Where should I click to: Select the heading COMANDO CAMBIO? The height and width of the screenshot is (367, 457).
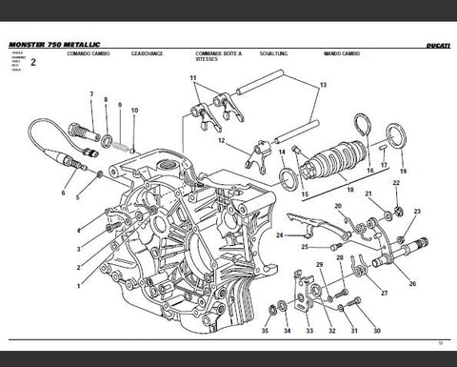pyautogui.click(x=88, y=54)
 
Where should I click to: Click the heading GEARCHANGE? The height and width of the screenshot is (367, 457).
pyautogui.click(x=148, y=54)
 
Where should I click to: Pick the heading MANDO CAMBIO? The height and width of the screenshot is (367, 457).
pyautogui.click(x=340, y=54)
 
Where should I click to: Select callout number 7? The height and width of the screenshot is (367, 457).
pyautogui.click(x=91, y=93)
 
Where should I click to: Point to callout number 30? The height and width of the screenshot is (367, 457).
pyautogui.click(x=378, y=332)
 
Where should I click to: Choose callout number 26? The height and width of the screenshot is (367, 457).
pyautogui.click(x=412, y=284)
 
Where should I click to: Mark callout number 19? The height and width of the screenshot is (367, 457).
pyautogui.click(x=403, y=172)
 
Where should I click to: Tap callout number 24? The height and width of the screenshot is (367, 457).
pyautogui.click(x=278, y=234)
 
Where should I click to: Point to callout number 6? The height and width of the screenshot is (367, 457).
pyautogui.click(x=63, y=193)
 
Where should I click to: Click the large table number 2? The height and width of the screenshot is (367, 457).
pyautogui.click(x=33, y=63)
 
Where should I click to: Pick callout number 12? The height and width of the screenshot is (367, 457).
pyautogui.click(x=221, y=141)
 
